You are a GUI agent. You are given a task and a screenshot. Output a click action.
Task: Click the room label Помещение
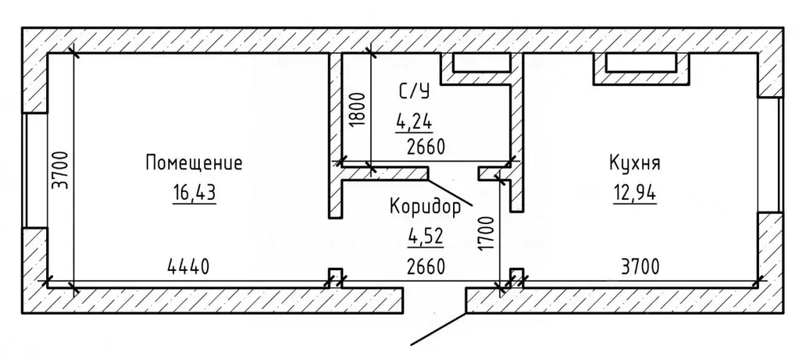[x=194, y=163]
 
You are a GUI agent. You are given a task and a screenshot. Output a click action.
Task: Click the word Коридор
[x=426, y=207]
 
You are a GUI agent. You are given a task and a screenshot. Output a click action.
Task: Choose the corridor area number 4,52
[x=425, y=237]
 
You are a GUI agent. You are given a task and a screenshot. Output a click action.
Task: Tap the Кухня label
[x=635, y=163]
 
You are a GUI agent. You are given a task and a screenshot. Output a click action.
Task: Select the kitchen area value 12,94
[x=635, y=191]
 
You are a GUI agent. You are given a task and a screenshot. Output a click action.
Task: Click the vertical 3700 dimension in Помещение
[x=63, y=170]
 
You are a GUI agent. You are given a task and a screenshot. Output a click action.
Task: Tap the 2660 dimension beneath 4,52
[x=425, y=267]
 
